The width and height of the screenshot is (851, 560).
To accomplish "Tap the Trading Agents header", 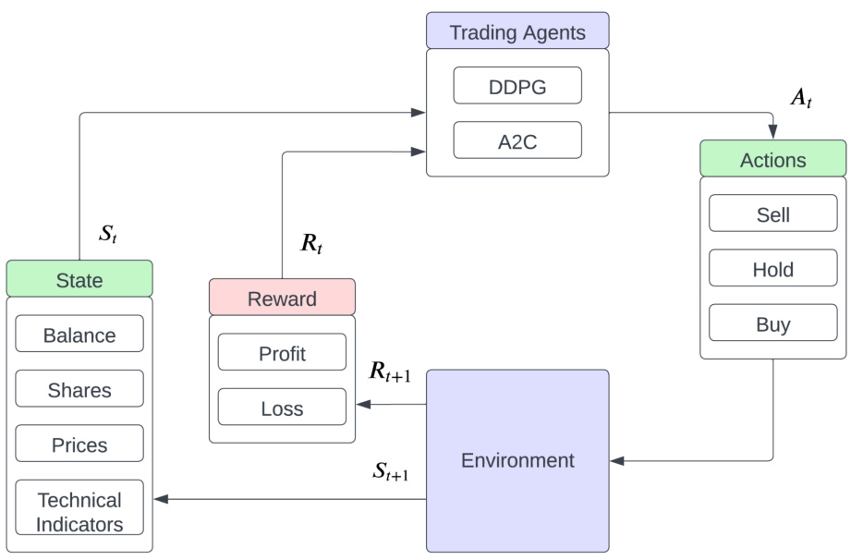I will (517, 32).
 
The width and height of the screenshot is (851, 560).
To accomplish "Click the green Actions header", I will (772, 159).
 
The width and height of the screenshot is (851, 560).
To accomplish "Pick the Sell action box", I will (772, 214).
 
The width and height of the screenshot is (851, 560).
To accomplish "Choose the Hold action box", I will (772, 270).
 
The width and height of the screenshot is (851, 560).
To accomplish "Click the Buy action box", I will (772, 324).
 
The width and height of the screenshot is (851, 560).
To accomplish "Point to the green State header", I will (79, 279).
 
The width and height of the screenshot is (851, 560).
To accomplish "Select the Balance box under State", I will (79, 335).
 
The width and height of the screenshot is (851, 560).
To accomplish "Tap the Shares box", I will (79, 389).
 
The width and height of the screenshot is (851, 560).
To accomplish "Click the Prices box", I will (79, 444).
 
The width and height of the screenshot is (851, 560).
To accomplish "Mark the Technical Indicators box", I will (79, 511).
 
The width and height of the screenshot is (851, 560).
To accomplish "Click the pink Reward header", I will (282, 298).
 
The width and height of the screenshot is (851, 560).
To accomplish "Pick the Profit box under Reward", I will (282, 352).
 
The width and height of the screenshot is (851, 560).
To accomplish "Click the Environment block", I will (517, 460).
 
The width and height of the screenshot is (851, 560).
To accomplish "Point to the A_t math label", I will (800, 99).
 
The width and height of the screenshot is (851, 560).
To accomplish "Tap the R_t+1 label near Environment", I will (390, 371).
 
